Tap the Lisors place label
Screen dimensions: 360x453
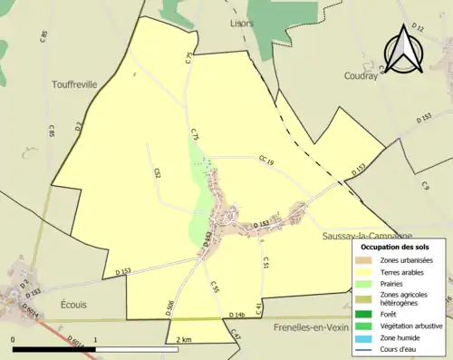pos(242,23)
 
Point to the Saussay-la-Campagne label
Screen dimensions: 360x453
pos(367,236)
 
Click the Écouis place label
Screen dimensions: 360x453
pos(77,304)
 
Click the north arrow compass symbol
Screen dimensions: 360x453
pos(404,49)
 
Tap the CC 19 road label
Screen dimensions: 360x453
pos(265,161)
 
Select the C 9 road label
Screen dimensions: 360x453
pos(424,186)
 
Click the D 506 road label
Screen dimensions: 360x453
pos(170,307)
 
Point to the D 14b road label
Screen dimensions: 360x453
pos(236,314)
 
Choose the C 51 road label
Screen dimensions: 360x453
pos(265,263)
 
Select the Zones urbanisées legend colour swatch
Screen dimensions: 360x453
pos(364,260)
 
